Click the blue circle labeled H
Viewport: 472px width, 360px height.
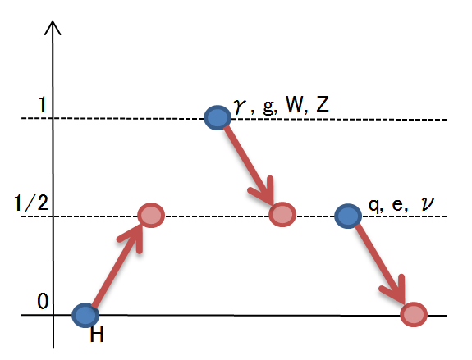point(85,315)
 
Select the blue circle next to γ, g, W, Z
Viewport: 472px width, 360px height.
point(218,117)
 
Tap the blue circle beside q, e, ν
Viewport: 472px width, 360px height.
point(348,216)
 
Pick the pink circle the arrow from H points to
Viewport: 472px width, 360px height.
point(151,216)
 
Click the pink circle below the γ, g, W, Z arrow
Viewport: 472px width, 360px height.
point(282,214)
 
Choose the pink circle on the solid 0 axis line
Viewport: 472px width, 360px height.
point(414,314)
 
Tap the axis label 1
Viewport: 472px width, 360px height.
point(43,105)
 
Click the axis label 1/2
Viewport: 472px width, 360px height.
point(31,203)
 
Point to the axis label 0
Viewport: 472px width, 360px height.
point(43,301)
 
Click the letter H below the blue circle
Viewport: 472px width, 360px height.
point(97,334)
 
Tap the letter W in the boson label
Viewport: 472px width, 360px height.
point(295,105)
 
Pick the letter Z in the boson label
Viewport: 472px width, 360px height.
point(323,105)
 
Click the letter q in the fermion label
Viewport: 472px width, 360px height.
point(373,206)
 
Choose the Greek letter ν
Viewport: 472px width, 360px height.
point(428,204)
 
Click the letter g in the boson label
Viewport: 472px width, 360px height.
point(268,107)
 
